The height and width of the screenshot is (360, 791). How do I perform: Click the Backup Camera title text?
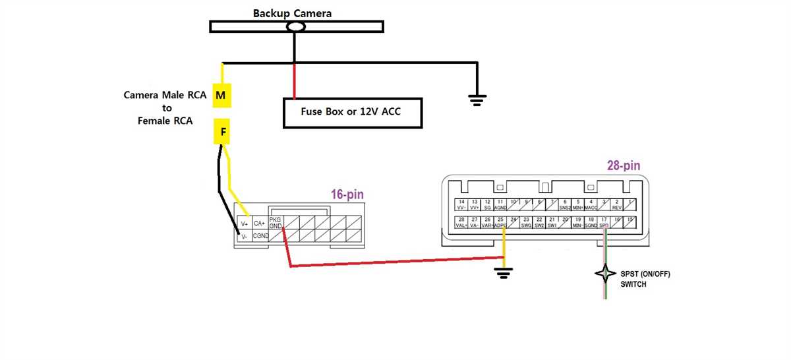tap(293, 13)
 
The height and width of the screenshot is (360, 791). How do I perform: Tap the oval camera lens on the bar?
tap(296, 26)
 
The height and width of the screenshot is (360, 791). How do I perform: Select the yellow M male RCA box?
tap(221, 96)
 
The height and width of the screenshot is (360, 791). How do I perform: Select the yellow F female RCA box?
tap(223, 132)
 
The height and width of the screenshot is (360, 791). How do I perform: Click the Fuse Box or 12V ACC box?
tap(352, 112)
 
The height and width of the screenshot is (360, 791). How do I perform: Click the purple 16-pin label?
tap(347, 195)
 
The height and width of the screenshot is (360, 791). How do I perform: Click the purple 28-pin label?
tap(623, 166)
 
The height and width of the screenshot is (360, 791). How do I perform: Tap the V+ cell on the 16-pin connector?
tap(245, 224)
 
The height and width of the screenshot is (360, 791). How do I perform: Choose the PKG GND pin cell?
tap(276, 224)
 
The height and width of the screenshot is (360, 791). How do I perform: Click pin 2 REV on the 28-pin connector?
tap(617, 204)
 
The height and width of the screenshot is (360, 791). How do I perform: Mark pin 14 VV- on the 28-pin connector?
tap(462, 204)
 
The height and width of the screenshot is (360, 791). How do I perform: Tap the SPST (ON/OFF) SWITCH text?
tap(645, 279)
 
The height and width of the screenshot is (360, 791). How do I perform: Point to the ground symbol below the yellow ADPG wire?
tap(504, 271)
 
